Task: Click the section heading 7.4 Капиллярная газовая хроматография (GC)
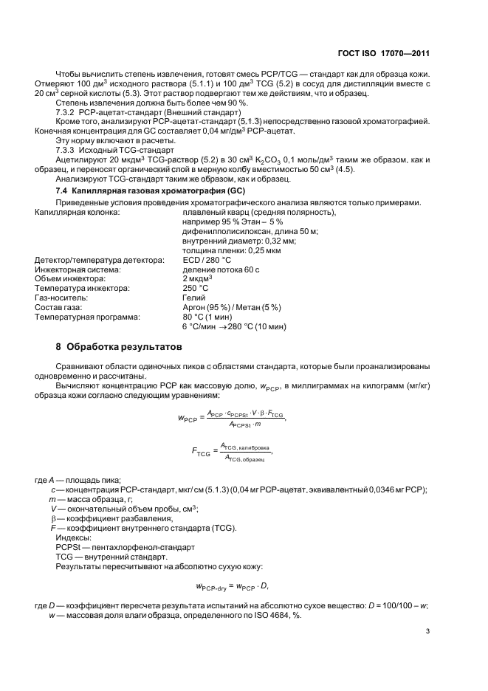pos(137,191)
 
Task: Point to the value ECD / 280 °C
pos(207,261)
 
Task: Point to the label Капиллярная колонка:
pos(78,213)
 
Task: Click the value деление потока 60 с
pos(219,270)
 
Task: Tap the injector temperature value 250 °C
pos(196,289)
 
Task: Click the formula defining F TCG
pos(231,450)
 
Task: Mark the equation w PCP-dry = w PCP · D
pos(233,586)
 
